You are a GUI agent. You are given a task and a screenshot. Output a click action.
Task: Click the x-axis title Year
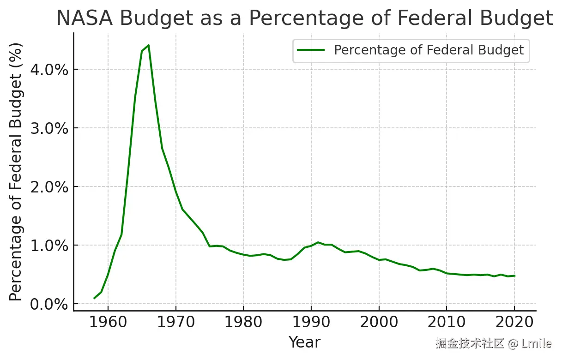pyautogui.click(x=304, y=342)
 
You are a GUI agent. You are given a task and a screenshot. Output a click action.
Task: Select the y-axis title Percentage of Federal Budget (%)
pyautogui.click(x=16, y=172)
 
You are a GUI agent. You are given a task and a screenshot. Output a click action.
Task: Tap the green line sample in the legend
pyautogui.click(x=311, y=50)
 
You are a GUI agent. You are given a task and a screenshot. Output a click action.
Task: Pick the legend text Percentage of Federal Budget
pyautogui.click(x=429, y=50)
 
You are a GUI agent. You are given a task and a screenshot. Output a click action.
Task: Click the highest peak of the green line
pyautogui.click(x=148, y=45)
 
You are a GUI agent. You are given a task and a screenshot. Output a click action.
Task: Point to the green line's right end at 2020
pyautogui.click(x=514, y=276)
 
